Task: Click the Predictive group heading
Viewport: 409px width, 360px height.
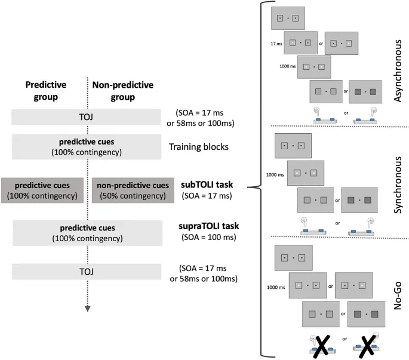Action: coord(46,89)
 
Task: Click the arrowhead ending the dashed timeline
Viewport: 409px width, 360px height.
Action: coord(88,309)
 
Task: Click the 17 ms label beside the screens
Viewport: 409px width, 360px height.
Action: coord(275,43)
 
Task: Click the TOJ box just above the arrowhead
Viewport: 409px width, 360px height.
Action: coord(87,272)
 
